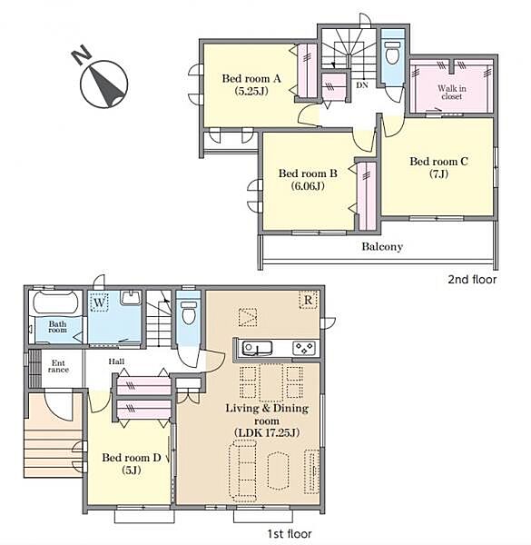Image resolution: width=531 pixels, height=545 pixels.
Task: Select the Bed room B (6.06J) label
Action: [x=308, y=179]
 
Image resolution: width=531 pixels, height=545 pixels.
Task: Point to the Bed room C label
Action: [x=438, y=162]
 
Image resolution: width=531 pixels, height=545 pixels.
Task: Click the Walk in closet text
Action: [x=451, y=92]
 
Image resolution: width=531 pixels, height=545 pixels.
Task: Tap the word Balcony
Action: [x=382, y=246]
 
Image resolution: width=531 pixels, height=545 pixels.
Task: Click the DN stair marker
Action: [x=362, y=84]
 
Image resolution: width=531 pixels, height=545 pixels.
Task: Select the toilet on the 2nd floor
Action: [x=392, y=54]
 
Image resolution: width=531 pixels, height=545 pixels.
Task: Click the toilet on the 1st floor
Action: [x=189, y=312]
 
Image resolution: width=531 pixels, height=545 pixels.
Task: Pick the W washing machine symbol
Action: [x=99, y=302]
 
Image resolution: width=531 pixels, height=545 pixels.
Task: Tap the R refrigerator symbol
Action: [x=308, y=300]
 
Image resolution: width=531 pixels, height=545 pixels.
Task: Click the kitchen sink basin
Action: [x=257, y=348]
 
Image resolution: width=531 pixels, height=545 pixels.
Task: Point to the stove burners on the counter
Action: [x=304, y=348]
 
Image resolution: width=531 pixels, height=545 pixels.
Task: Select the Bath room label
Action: [x=57, y=327]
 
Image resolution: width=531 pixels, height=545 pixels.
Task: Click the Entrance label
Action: [x=58, y=366]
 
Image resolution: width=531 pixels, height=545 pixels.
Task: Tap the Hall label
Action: [x=116, y=362]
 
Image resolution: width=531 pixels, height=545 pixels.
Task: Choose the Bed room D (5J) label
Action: [x=132, y=463]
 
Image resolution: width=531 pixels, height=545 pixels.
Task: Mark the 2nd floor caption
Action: [x=472, y=279]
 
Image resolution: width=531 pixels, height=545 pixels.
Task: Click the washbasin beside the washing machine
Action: [x=131, y=298]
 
